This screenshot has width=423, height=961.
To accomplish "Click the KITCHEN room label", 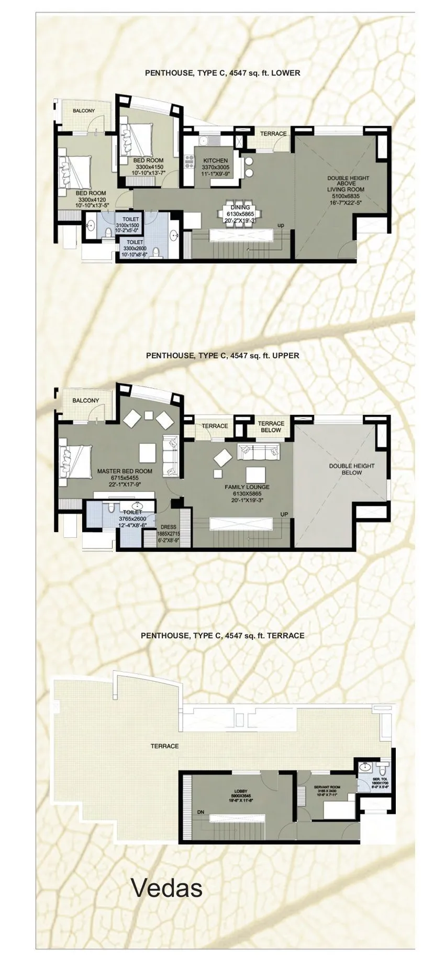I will point(215,161).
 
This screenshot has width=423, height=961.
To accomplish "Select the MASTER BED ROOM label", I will point(125,471).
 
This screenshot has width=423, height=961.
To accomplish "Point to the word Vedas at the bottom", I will point(166,888).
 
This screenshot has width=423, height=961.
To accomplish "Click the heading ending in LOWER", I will point(222,73).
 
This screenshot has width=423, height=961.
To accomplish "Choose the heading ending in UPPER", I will point(222,355).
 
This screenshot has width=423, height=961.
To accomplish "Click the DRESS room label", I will point(169,527).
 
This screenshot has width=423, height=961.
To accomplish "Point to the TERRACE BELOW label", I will point(271,426).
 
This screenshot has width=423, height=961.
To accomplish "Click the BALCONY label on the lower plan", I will point(84,111).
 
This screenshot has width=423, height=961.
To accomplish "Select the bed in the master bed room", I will point(74,461).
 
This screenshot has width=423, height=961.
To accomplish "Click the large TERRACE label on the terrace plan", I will point(164,746).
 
